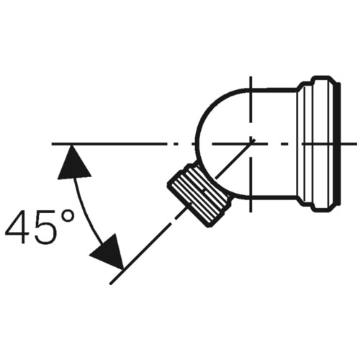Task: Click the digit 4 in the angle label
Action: click(17, 227)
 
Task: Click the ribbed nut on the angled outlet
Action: click(199, 194)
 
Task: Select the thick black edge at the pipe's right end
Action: click(339, 144)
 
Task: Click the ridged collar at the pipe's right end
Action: click(317, 144)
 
